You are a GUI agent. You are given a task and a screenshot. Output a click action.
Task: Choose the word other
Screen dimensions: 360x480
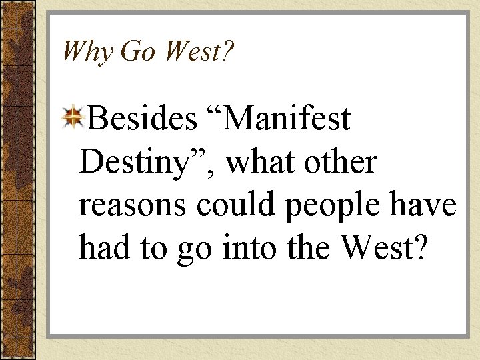pos(343,163)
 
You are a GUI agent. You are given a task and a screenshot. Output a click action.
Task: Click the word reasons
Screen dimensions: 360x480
pos(132,205)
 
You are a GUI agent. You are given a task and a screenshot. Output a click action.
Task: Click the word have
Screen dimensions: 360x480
pos(429,205)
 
